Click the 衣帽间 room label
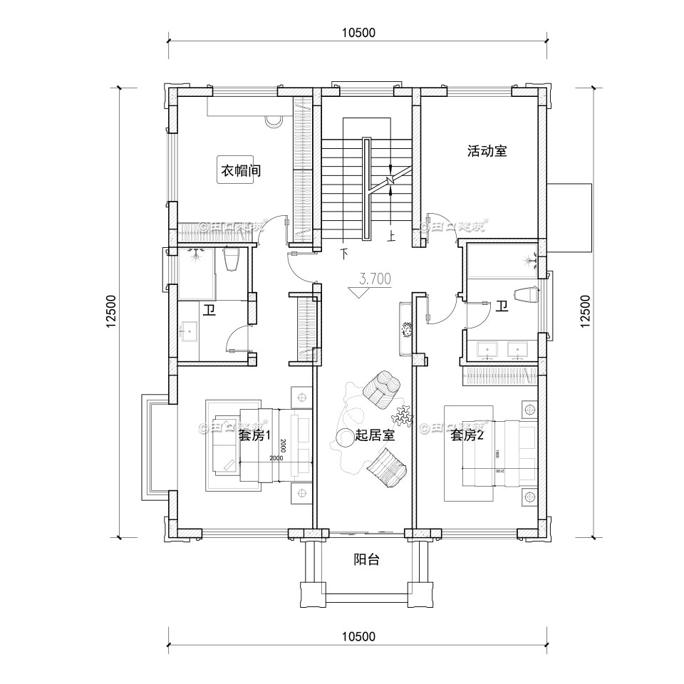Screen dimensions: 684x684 point(239,171)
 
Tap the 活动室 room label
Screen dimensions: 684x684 point(487,151)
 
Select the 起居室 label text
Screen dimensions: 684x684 point(375,435)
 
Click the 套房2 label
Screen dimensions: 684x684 point(467,435)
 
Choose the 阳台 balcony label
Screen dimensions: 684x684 point(366,559)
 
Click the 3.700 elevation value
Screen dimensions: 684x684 point(375,279)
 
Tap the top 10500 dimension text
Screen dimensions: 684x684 point(358,32)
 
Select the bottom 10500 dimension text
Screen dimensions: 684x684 point(358,636)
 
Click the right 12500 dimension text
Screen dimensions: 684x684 point(586,312)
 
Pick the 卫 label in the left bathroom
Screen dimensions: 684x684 point(209,310)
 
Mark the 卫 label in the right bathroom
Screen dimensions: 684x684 point(502,306)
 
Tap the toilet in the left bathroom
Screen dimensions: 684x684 point(230,260)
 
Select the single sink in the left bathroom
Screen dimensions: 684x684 point(190,330)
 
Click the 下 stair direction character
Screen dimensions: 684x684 point(345,252)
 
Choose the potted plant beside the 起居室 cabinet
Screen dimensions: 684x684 point(408,329)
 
